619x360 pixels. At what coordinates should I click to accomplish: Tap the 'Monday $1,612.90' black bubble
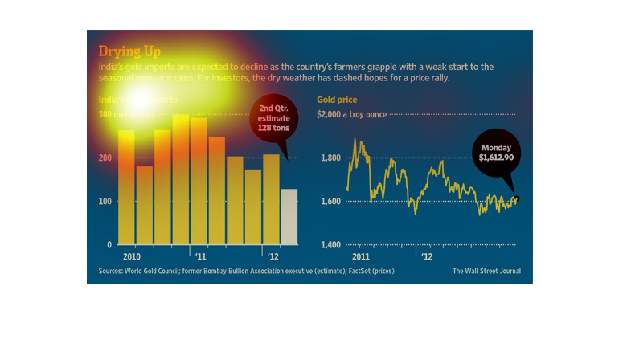(495, 153)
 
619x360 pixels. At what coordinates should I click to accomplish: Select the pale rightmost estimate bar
(288, 216)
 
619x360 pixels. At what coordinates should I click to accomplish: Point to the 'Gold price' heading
(337, 100)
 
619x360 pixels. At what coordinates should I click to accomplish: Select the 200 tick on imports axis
(105, 158)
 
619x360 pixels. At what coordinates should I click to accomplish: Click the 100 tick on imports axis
(105, 201)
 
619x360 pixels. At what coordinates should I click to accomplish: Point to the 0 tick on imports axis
(109, 244)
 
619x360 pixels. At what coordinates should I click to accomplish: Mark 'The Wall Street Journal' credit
(486, 271)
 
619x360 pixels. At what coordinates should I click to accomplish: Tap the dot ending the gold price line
(515, 198)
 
